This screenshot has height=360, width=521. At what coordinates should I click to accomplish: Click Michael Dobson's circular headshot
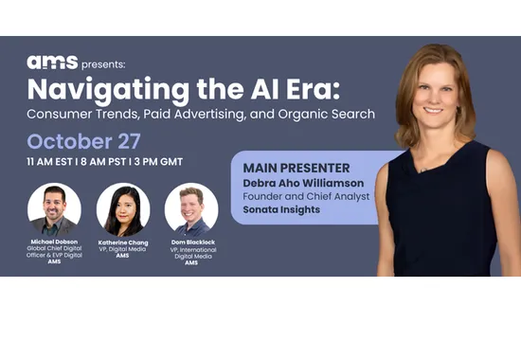(x=54, y=208)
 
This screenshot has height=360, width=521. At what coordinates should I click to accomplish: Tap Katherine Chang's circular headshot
(x=122, y=208)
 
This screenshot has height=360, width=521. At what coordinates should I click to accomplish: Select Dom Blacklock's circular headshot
(x=191, y=208)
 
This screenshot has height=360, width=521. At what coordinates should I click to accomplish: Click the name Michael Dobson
(x=54, y=243)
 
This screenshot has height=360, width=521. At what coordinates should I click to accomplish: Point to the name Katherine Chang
(x=122, y=243)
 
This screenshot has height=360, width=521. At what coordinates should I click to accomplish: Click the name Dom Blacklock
(x=191, y=243)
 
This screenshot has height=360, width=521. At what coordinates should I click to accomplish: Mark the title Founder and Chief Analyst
(x=301, y=196)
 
